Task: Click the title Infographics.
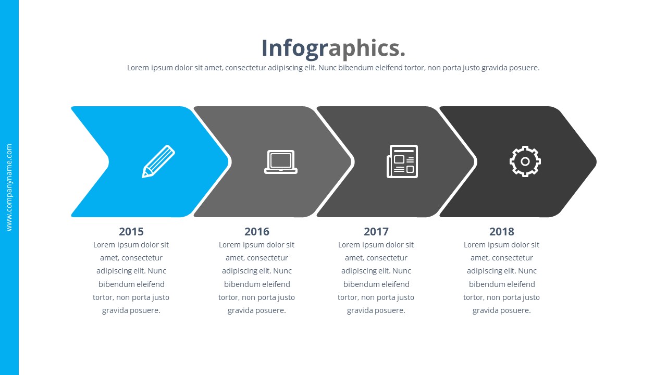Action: [333, 48]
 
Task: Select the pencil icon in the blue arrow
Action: [158, 161]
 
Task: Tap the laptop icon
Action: [281, 162]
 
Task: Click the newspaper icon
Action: [402, 161]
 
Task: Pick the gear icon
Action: [525, 161]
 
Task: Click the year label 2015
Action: [131, 231]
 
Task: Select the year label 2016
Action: [257, 231]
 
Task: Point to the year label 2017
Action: [376, 231]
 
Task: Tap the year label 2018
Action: [502, 231]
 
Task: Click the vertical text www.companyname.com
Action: [9, 187]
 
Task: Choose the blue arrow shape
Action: [130, 130]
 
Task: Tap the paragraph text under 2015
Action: [131, 278]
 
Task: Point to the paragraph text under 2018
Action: [502, 278]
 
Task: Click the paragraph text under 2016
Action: [257, 278]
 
